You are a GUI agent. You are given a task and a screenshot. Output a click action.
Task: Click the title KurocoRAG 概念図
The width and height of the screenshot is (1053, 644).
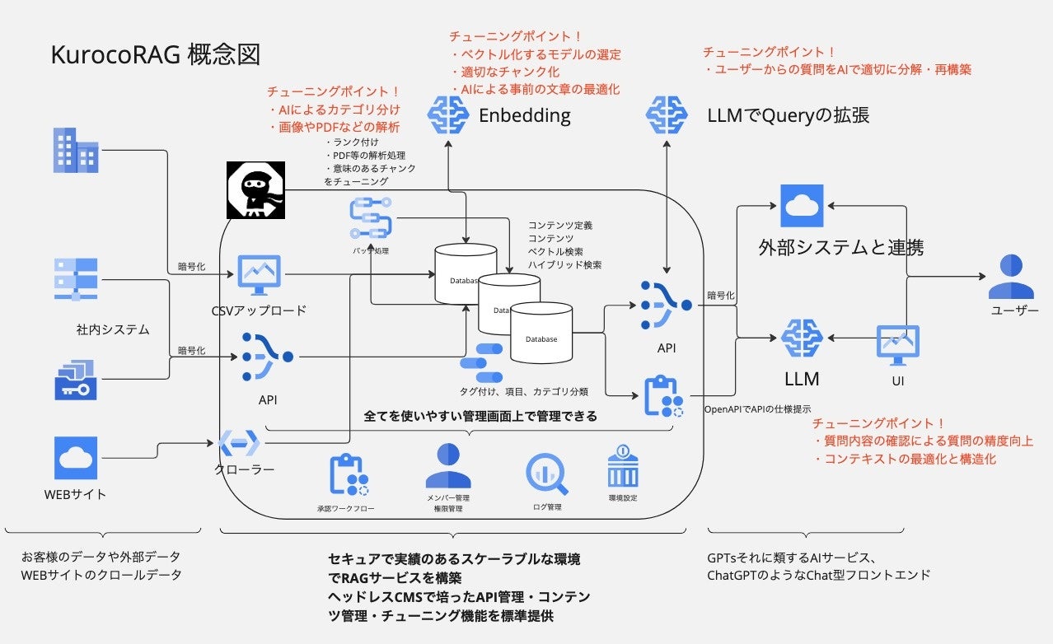[x=156, y=55]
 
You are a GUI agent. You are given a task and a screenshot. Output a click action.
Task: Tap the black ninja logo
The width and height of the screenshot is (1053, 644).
[x=255, y=190]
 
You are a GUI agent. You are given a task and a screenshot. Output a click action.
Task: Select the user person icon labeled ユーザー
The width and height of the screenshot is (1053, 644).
[x=1011, y=277]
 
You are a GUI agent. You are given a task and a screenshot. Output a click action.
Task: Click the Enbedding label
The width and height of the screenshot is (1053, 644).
[x=525, y=115]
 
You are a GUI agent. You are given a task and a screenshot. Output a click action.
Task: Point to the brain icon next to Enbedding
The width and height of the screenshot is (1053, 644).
[x=447, y=114]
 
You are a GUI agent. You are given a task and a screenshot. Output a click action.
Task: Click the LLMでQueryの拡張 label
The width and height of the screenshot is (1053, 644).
[x=789, y=115]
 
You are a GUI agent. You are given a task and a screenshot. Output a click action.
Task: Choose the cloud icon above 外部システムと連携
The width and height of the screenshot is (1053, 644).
[x=802, y=206]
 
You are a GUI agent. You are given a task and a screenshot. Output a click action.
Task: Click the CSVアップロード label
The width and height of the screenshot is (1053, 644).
[x=259, y=310]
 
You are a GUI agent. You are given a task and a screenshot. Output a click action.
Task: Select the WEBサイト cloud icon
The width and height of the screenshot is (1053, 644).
[x=76, y=458]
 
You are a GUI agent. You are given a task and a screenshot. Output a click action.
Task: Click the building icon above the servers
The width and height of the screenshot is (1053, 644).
[x=75, y=150]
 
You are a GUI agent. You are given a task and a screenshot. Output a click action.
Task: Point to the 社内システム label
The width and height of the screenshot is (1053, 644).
[x=113, y=329]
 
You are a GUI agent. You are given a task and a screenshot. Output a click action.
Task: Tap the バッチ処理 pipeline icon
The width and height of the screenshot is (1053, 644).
[x=370, y=218]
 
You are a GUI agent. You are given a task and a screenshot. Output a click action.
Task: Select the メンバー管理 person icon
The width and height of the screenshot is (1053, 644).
[x=448, y=467]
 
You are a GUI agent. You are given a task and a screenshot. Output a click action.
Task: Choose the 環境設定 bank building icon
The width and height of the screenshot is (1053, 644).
[x=623, y=466]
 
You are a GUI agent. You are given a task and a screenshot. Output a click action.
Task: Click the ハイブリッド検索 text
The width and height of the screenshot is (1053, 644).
[x=564, y=265]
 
